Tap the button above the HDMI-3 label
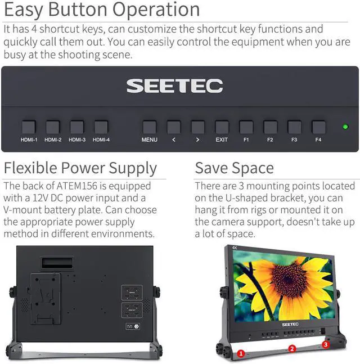(76, 127)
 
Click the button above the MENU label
(149, 127)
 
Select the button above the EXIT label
(222, 127)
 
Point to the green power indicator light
(345, 127)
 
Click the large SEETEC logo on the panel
(174, 86)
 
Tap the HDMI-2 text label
(53, 140)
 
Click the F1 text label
(246, 140)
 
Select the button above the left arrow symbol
(173, 127)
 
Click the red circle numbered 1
(241, 353)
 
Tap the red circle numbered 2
(292, 349)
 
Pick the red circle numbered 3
(325, 344)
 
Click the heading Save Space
(234, 168)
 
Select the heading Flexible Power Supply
(80, 168)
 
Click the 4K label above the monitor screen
(235, 247)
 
